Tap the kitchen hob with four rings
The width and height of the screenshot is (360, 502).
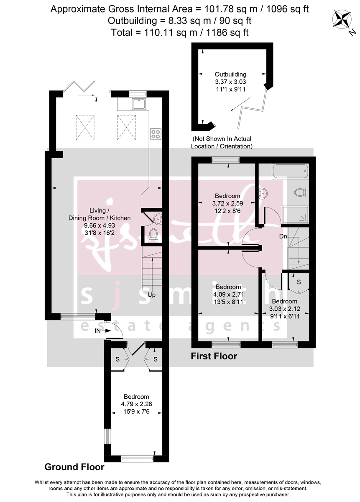156,134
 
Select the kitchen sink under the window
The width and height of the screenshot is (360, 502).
138,104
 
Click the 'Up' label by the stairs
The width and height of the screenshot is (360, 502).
151,295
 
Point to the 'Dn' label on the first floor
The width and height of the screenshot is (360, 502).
283,236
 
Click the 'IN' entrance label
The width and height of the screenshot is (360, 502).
97,331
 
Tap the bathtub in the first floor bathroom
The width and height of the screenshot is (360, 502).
290,171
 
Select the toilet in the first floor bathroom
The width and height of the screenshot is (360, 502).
300,192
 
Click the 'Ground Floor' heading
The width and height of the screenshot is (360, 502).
74,467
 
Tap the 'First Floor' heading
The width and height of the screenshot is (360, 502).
214,356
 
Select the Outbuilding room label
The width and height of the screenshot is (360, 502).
230,74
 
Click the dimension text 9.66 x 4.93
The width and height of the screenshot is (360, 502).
100,225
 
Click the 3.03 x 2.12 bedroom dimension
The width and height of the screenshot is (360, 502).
284,309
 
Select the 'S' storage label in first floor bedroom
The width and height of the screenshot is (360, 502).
299,282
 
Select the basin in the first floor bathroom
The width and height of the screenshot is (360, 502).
263,193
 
